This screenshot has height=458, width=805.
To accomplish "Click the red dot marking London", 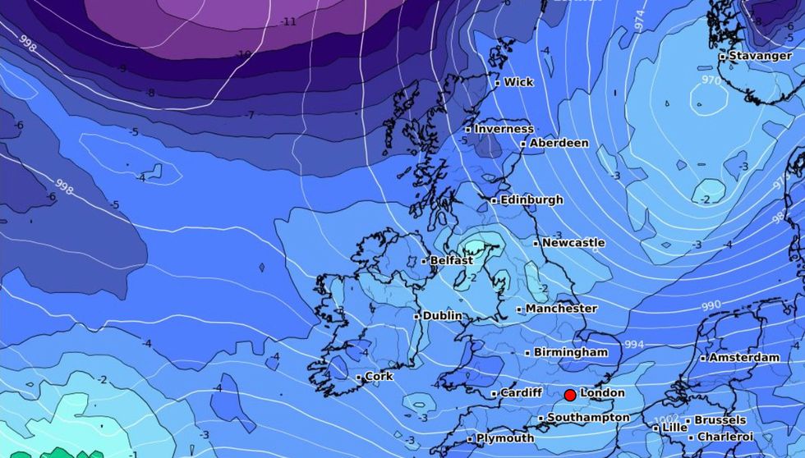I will point(570,395).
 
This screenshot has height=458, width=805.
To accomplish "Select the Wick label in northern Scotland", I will point(518,82).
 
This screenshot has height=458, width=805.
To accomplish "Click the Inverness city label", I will point(504,129).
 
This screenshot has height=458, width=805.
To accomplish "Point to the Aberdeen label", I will point(559,143).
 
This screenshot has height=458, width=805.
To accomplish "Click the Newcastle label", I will point(573,243).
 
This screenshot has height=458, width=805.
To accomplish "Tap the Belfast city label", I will point(451,261).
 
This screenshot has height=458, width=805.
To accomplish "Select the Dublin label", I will point(442,316).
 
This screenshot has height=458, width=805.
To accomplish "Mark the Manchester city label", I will point(561,309).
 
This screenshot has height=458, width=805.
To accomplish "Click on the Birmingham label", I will point(571,352).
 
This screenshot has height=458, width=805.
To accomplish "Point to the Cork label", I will point(379,377).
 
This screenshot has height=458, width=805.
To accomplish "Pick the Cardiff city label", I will point(521,393).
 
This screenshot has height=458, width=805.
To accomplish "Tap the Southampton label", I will point(588,418).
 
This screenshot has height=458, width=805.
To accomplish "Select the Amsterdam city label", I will point(744,358).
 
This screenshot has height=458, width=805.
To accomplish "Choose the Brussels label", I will point(720,420).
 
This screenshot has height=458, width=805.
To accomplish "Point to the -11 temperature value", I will point(288,21).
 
